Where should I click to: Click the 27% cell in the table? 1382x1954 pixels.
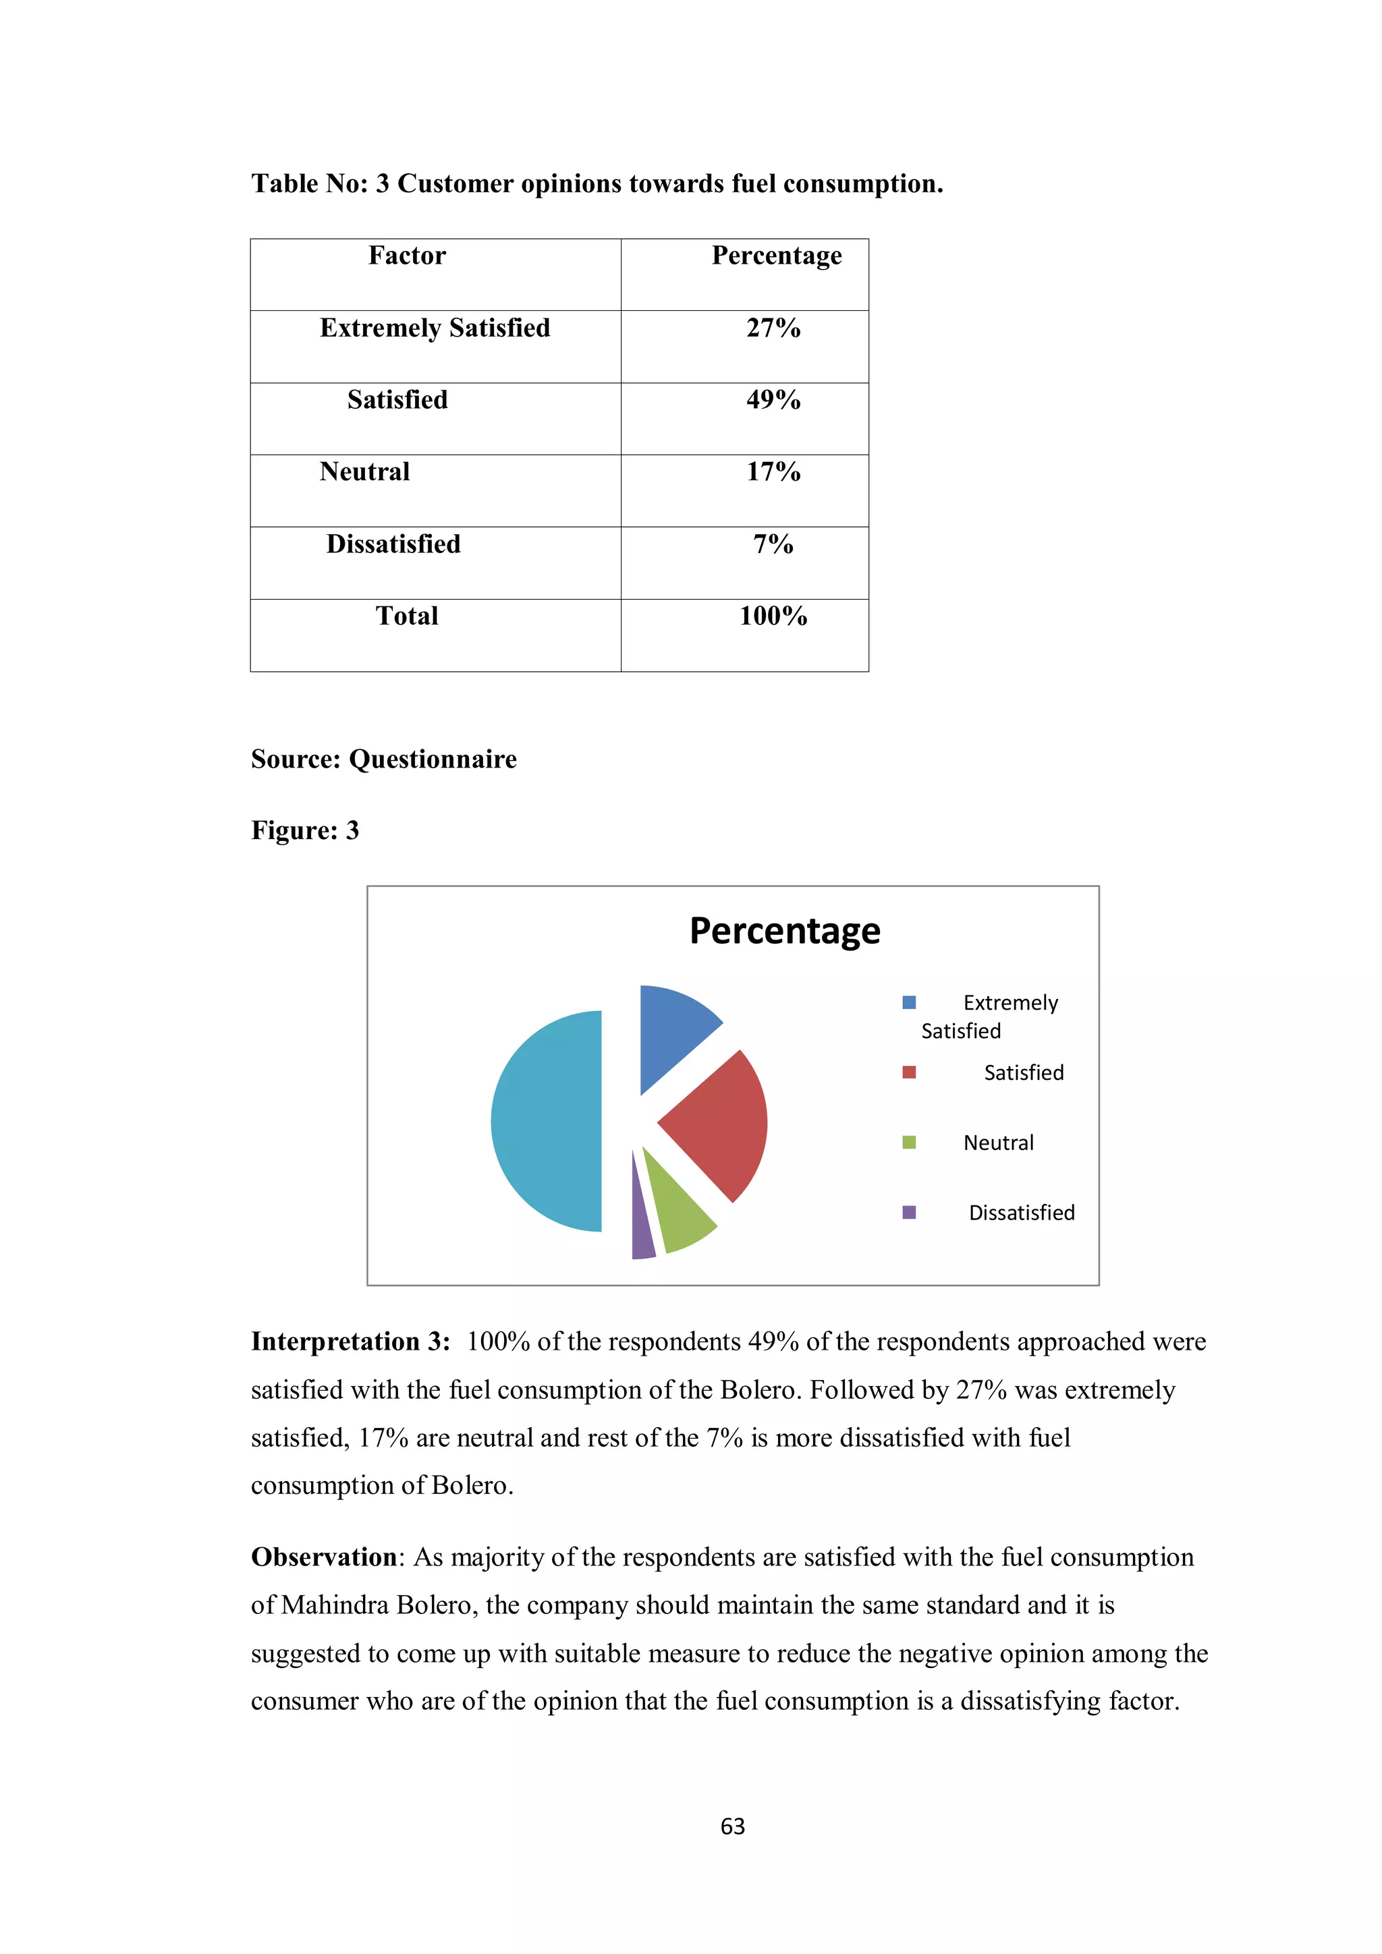coord(773,328)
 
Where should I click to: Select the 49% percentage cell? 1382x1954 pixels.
coord(773,400)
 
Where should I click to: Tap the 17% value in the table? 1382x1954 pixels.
coord(773,471)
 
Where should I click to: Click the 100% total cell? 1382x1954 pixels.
coord(773,616)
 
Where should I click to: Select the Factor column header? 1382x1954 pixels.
coord(407,256)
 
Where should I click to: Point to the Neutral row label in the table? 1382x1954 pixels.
coord(364,471)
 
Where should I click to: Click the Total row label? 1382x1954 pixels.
coord(407,616)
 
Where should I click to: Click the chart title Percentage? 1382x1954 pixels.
coord(784,931)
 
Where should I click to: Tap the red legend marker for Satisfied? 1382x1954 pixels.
coord(908,1072)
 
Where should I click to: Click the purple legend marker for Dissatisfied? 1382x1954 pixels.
coord(908,1212)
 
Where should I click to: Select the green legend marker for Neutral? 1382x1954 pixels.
coord(908,1142)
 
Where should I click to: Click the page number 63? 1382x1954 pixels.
coord(732,1827)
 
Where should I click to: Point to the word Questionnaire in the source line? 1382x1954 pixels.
coord(433,759)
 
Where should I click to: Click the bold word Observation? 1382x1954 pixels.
coord(324,1557)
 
